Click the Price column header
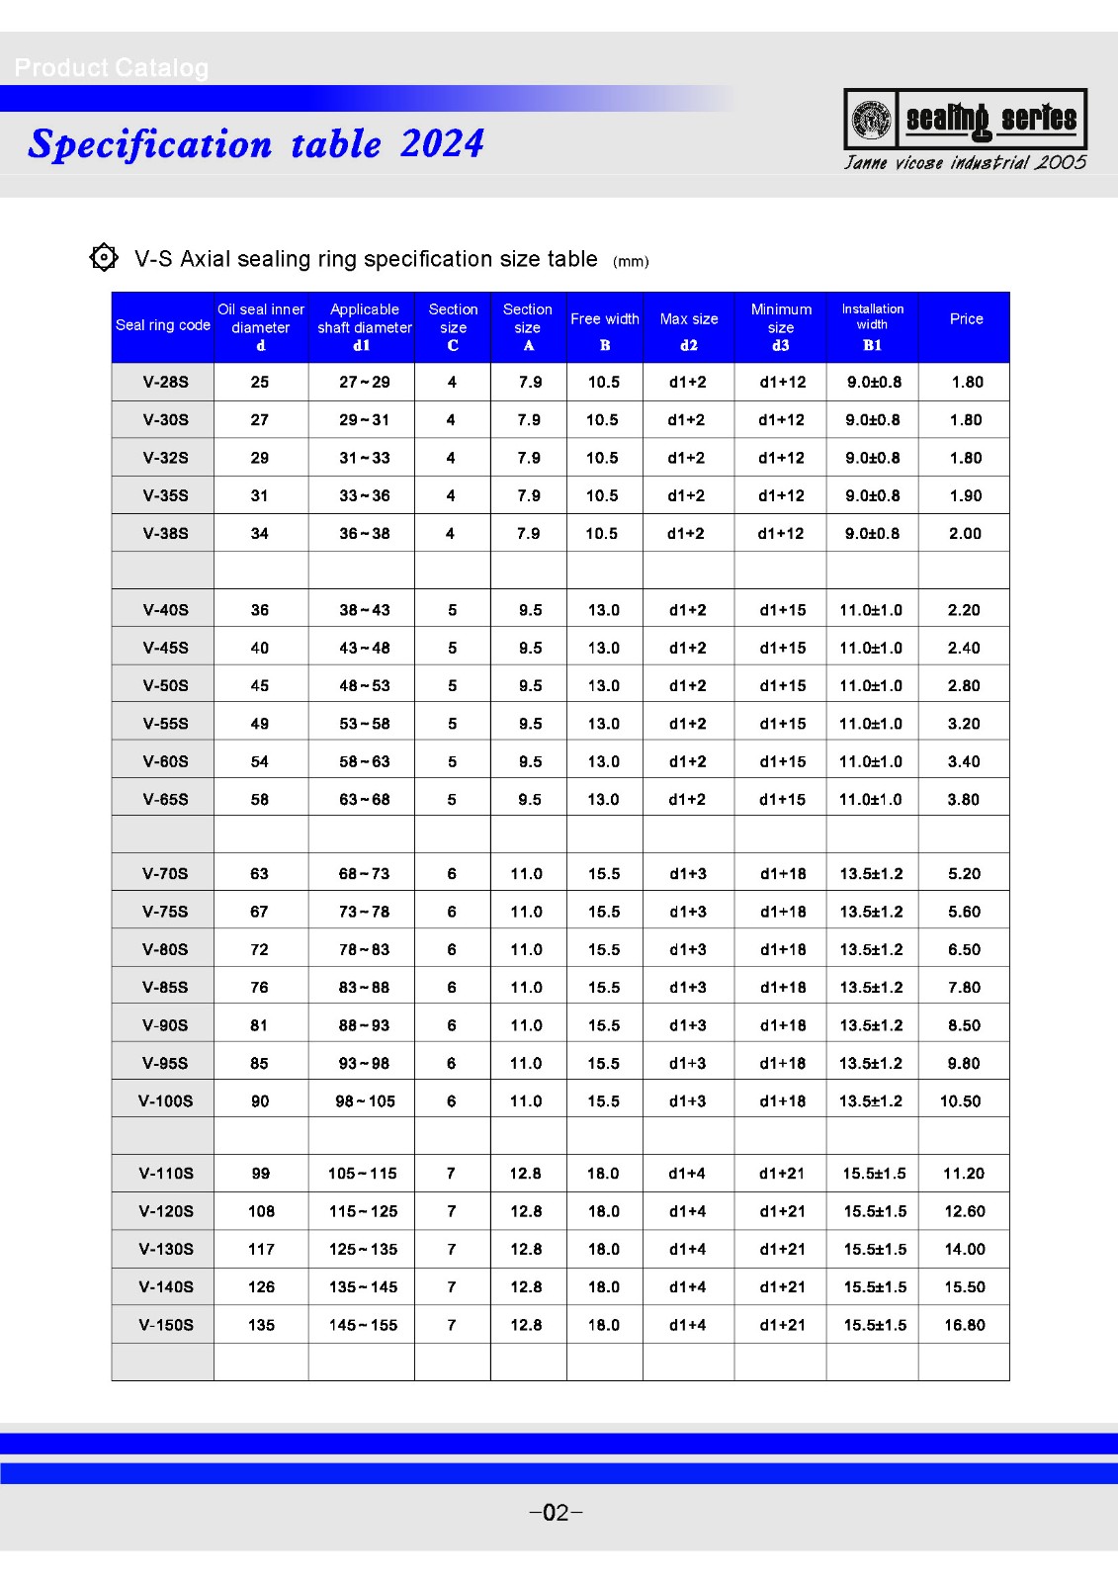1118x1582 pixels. click(x=966, y=319)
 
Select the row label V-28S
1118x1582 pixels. click(x=165, y=383)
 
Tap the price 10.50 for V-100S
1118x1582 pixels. click(x=960, y=1101)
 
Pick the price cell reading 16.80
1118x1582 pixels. click(x=964, y=1325)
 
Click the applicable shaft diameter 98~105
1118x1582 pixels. click(x=365, y=1101)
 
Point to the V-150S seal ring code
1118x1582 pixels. click(x=166, y=1325)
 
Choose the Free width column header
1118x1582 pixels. click(x=604, y=319)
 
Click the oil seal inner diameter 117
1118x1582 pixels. click(x=261, y=1250)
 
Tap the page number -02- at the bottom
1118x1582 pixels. click(x=557, y=1513)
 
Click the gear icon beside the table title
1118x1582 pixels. click(x=104, y=257)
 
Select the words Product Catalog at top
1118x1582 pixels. click(x=112, y=68)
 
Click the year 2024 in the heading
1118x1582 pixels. click(x=442, y=144)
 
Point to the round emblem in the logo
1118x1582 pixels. click(x=871, y=119)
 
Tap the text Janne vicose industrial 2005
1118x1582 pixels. click(x=965, y=163)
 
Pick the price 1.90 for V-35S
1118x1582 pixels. click(x=965, y=496)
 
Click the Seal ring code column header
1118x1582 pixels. click(x=163, y=325)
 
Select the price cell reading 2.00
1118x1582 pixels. click(x=965, y=534)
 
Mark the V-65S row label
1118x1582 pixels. click(x=165, y=800)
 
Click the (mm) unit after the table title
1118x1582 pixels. click(x=631, y=262)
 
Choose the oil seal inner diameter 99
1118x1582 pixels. click(x=260, y=1174)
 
